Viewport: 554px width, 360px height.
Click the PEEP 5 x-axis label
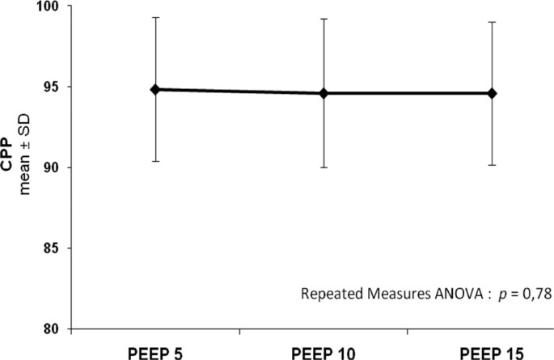154,352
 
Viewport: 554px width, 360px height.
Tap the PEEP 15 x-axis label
491,352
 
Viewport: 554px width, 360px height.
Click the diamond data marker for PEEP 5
155,89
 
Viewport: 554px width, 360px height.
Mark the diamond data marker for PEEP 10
324,93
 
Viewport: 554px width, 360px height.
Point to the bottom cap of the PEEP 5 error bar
155,161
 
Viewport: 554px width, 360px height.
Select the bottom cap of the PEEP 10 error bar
324,167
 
